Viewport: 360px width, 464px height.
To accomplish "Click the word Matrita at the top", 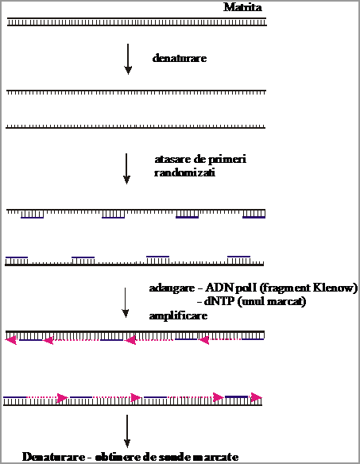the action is tap(242, 7).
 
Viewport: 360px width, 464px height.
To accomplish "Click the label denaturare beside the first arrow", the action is tap(180, 58).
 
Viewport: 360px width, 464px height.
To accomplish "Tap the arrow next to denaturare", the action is tap(128, 59).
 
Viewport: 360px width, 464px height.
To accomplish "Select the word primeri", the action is tap(227, 160).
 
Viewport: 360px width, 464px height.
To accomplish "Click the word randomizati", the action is tap(184, 172).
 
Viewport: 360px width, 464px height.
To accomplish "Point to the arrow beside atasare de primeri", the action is tap(126, 168).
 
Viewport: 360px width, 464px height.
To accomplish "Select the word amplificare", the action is tap(178, 316).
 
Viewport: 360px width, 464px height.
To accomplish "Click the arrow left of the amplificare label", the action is tap(126, 303).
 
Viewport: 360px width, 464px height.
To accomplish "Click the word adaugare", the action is tap(172, 288).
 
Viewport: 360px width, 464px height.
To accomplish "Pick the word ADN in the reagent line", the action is tap(216, 288).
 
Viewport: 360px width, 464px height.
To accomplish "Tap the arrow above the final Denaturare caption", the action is tap(127, 431).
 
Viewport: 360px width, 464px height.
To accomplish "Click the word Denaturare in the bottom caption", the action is tap(53, 457).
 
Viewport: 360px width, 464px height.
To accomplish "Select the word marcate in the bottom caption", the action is tap(217, 457).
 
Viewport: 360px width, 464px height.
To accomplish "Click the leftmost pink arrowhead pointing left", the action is tap(11, 340).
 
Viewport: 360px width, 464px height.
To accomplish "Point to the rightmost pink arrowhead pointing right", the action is tap(257, 397).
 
